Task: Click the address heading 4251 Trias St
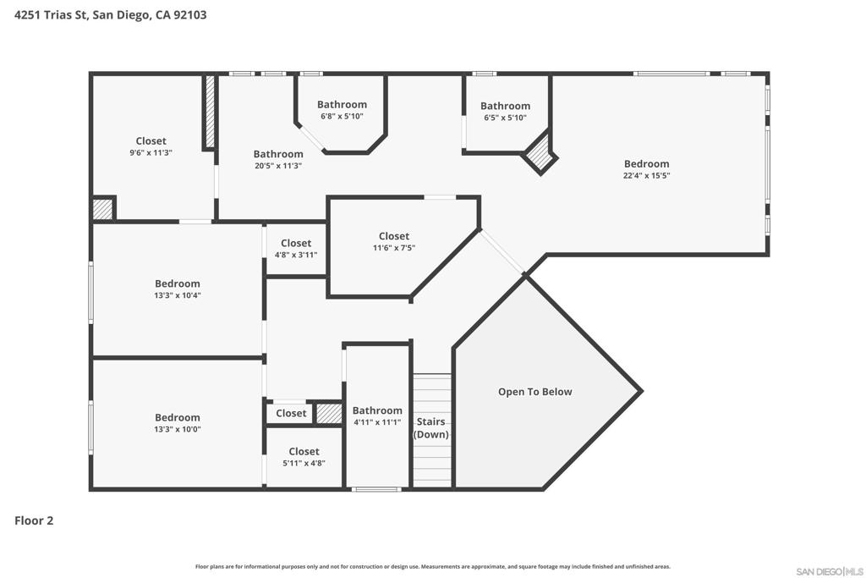point(111,15)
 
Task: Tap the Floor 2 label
point(34,520)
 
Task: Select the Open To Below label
point(534,392)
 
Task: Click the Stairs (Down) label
point(431,427)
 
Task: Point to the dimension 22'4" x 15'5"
point(647,176)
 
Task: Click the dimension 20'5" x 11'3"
point(278,166)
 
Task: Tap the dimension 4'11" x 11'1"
point(377,422)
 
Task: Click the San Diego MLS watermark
point(830,571)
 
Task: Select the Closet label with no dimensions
point(291,413)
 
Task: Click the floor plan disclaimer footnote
point(433,566)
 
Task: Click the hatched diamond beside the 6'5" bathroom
point(539,154)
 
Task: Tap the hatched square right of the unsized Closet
point(329,414)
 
